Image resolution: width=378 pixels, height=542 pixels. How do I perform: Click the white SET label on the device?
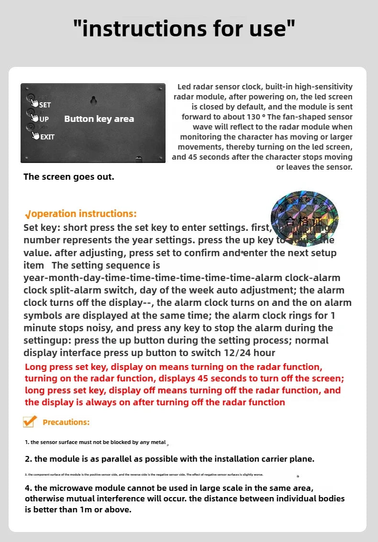tap(45, 105)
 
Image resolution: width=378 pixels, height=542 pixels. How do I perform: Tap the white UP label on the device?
tap(44, 119)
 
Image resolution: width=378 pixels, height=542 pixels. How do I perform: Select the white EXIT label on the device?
tap(47, 137)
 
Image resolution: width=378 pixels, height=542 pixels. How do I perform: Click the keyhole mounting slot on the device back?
tap(94, 100)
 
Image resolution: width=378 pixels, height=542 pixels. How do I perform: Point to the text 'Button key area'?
tap(99, 119)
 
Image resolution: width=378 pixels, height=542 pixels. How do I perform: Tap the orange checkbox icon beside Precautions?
tap(30, 421)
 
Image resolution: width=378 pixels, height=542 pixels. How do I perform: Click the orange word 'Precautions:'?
tap(66, 422)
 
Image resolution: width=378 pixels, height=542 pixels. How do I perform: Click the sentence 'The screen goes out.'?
tap(69, 177)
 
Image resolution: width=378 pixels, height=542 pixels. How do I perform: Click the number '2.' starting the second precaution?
tap(28, 459)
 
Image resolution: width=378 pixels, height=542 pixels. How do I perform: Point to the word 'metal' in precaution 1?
tap(158, 442)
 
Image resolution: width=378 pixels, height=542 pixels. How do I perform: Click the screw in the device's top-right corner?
tap(159, 89)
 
